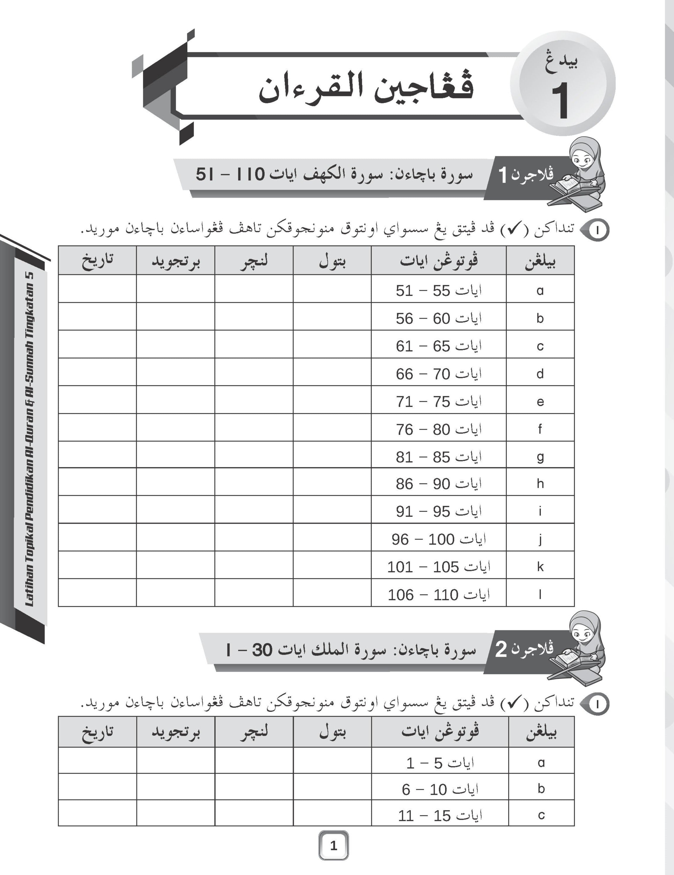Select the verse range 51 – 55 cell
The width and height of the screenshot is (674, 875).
[439, 290]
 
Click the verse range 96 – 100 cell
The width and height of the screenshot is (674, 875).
[439, 539]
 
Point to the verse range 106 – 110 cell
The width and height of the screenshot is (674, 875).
[439, 594]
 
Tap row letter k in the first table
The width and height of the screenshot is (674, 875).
[540, 567]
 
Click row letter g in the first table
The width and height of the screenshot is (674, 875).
[540, 456]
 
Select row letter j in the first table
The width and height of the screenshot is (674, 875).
[540, 539]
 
